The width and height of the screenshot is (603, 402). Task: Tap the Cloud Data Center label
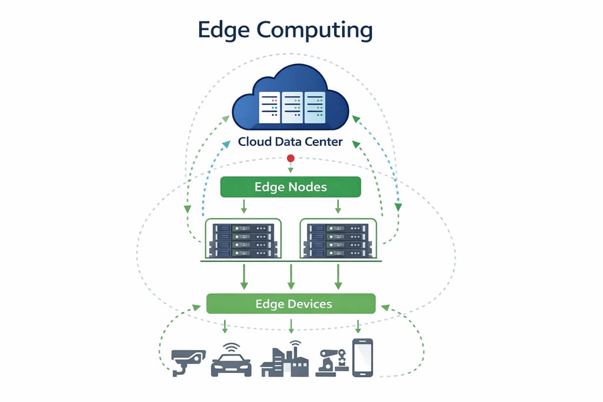pyautogui.click(x=291, y=142)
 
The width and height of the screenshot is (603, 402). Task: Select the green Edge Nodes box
pyautogui.click(x=291, y=187)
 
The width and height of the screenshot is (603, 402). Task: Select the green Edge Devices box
pyautogui.click(x=291, y=303)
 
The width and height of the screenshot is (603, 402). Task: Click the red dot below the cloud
pyautogui.click(x=291, y=159)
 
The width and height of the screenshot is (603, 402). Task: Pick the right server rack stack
pyautogui.click(x=338, y=241)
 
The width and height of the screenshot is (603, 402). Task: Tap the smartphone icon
pyautogui.click(x=362, y=357)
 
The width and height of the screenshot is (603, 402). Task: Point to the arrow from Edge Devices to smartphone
pyautogui.click(x=358, y=326)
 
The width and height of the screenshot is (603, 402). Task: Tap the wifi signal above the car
pyautogui.click(x=231, y=348)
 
